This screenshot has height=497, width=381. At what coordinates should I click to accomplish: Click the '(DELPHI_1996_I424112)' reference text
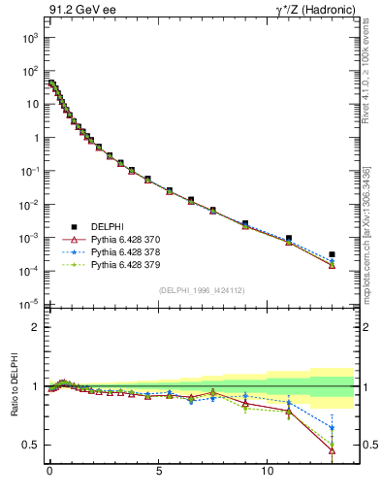pyautogui.click(x=202, y=288)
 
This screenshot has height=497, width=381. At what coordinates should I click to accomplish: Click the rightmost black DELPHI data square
pyautogui.click(x=332, y=254)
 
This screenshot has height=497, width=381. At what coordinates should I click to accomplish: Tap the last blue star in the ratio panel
pyautogui.click(x=332, y=428)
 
